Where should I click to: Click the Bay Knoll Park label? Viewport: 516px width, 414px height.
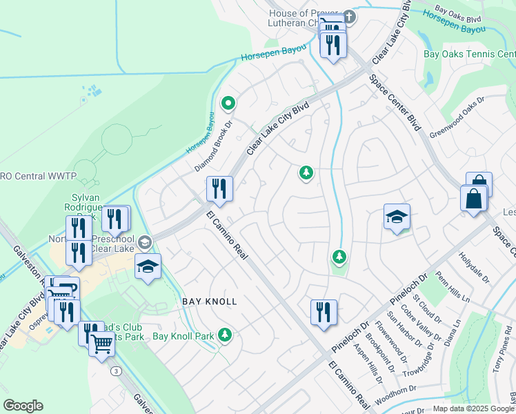pos(183,336)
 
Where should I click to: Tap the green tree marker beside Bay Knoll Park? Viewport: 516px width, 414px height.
pos(224,335)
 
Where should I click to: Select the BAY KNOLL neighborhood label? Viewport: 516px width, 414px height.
pos(210,302)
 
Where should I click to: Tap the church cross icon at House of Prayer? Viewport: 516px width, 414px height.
pos(349,17)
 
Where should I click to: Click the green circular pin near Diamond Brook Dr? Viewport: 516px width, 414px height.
pos(228,104)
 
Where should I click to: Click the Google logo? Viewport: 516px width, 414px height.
pos(23,406)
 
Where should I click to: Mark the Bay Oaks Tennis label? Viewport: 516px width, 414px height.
pos(469,54)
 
